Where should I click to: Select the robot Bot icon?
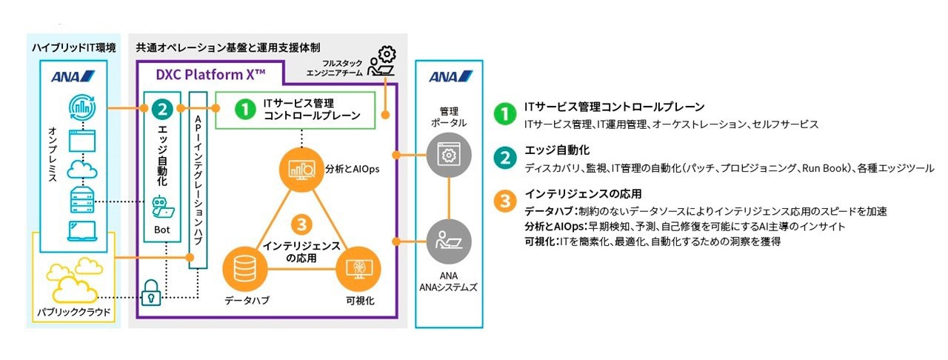point(162,207)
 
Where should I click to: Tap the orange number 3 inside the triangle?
point(300,224)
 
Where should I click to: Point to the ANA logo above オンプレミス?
point(73,76)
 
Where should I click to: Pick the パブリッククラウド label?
point(75,313)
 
